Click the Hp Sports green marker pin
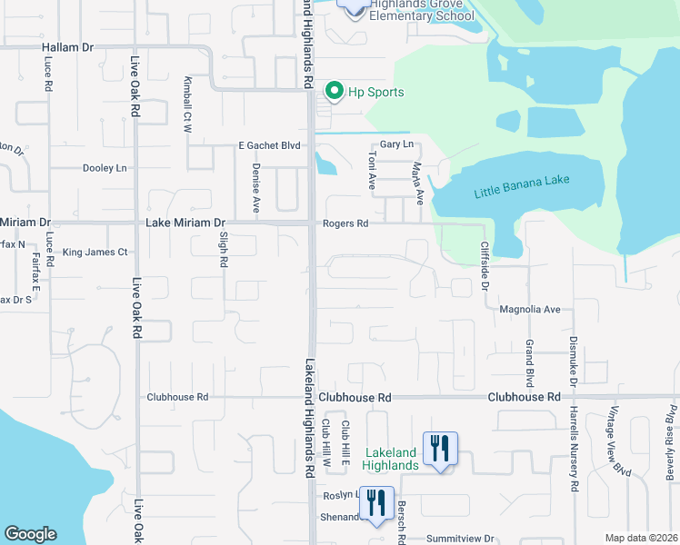[x=334, y=91]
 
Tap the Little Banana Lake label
[x=521, y=186]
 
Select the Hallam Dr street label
[x=67, y=46]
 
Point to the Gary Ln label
[x=396, y=144]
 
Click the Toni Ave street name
[x=371, y=170]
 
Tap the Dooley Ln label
[x=105, y=168]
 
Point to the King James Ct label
[x=95, y=252]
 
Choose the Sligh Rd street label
[x=223, y=248]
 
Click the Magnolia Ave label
[x=530, y=309]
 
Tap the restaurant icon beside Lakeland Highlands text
[x=440, y=449]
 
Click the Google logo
[x=30, y=534]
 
